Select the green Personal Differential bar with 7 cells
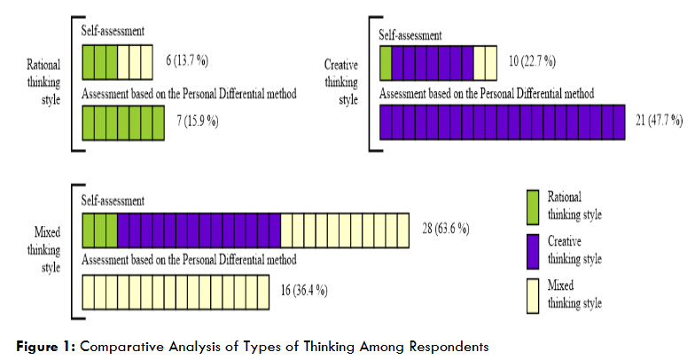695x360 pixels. point(123,121)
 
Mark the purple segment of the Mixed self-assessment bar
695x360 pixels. point(199,230)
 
